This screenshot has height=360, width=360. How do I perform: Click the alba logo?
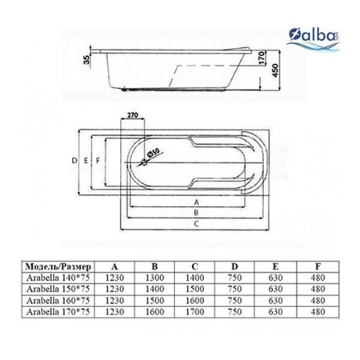[314, 39]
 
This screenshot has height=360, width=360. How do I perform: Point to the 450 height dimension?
[276, 70]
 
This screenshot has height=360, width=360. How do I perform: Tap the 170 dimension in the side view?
[262, 58]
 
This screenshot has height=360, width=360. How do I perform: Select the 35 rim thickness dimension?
[87, 59]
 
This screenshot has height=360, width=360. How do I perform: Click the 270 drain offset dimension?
[132, 115]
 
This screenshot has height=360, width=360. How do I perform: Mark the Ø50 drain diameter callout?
[153, 154]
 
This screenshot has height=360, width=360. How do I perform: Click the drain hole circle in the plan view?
[144, 162]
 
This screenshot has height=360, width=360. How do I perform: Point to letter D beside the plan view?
[74, 161]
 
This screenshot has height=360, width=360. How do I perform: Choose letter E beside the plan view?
[86, 161]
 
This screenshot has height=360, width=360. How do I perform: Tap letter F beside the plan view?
[98, 161]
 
